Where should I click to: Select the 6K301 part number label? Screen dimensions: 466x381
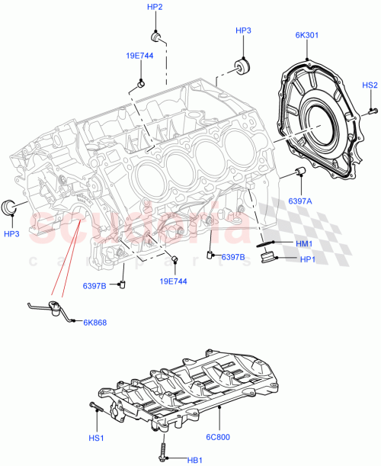pos(309,34)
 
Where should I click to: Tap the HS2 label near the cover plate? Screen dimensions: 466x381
pos(370,85)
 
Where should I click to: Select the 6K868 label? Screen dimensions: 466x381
pos(94,323)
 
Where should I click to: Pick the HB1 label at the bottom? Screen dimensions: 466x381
pos(195,459)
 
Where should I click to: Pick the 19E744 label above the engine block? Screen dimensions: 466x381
pos(139,56)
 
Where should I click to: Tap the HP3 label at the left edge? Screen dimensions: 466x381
pos(12,233)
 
